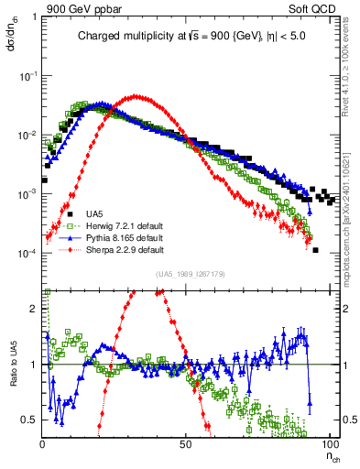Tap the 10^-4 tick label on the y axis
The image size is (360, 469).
coord(27,254)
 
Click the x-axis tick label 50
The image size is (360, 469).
coord(185,441)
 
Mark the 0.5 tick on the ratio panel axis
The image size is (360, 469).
coord(30,420)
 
